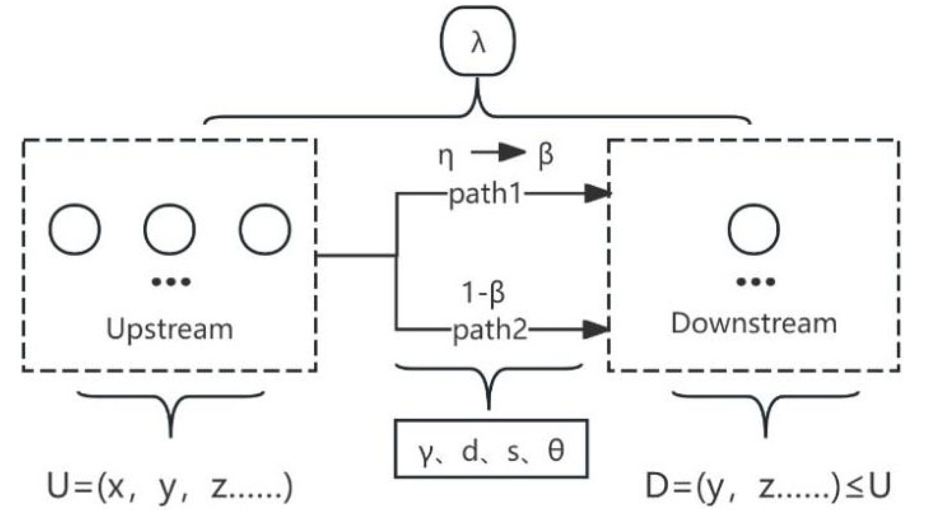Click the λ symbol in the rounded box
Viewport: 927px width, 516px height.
(478, 43)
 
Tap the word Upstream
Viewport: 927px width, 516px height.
(170, 329)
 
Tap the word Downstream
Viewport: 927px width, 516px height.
(753, 323)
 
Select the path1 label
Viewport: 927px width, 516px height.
(485, 194)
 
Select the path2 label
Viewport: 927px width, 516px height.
(490, 329)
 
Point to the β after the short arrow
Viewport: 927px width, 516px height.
(546, 156)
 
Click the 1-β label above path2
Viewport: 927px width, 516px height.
(483, 292)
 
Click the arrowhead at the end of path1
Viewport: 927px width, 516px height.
(596, 193)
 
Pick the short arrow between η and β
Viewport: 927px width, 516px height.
(497, 153)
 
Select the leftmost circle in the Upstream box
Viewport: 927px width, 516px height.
(75, 229)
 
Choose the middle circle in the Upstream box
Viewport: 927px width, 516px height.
(170, 229)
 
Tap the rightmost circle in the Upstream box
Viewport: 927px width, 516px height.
(265, 229)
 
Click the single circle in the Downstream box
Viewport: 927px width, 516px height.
(753, 229)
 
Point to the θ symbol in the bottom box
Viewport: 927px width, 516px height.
(556, 451)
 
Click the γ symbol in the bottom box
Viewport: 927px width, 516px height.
(425, 452)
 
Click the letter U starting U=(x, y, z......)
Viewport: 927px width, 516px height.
(58, 486)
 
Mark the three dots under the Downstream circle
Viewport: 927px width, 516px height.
(755, 282)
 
